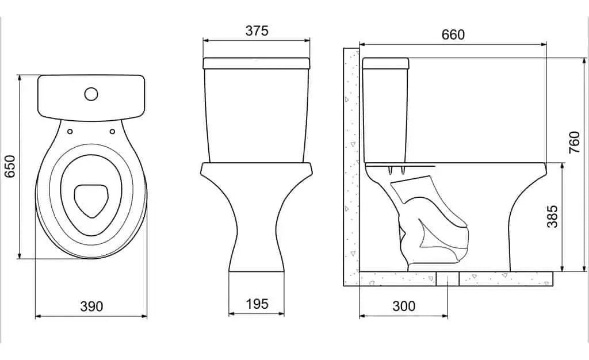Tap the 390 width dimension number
(x=91, y=307)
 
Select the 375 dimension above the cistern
(x=257, y=31)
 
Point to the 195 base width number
(x=257, y=304)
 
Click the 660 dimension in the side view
(x=453, y=35)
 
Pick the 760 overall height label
(x=575, y=142)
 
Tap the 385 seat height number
(x=552, y=216)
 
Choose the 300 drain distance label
(x=404, y=307)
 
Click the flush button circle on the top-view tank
(x=91, y=94)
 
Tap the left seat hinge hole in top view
(x=70, y=131)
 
